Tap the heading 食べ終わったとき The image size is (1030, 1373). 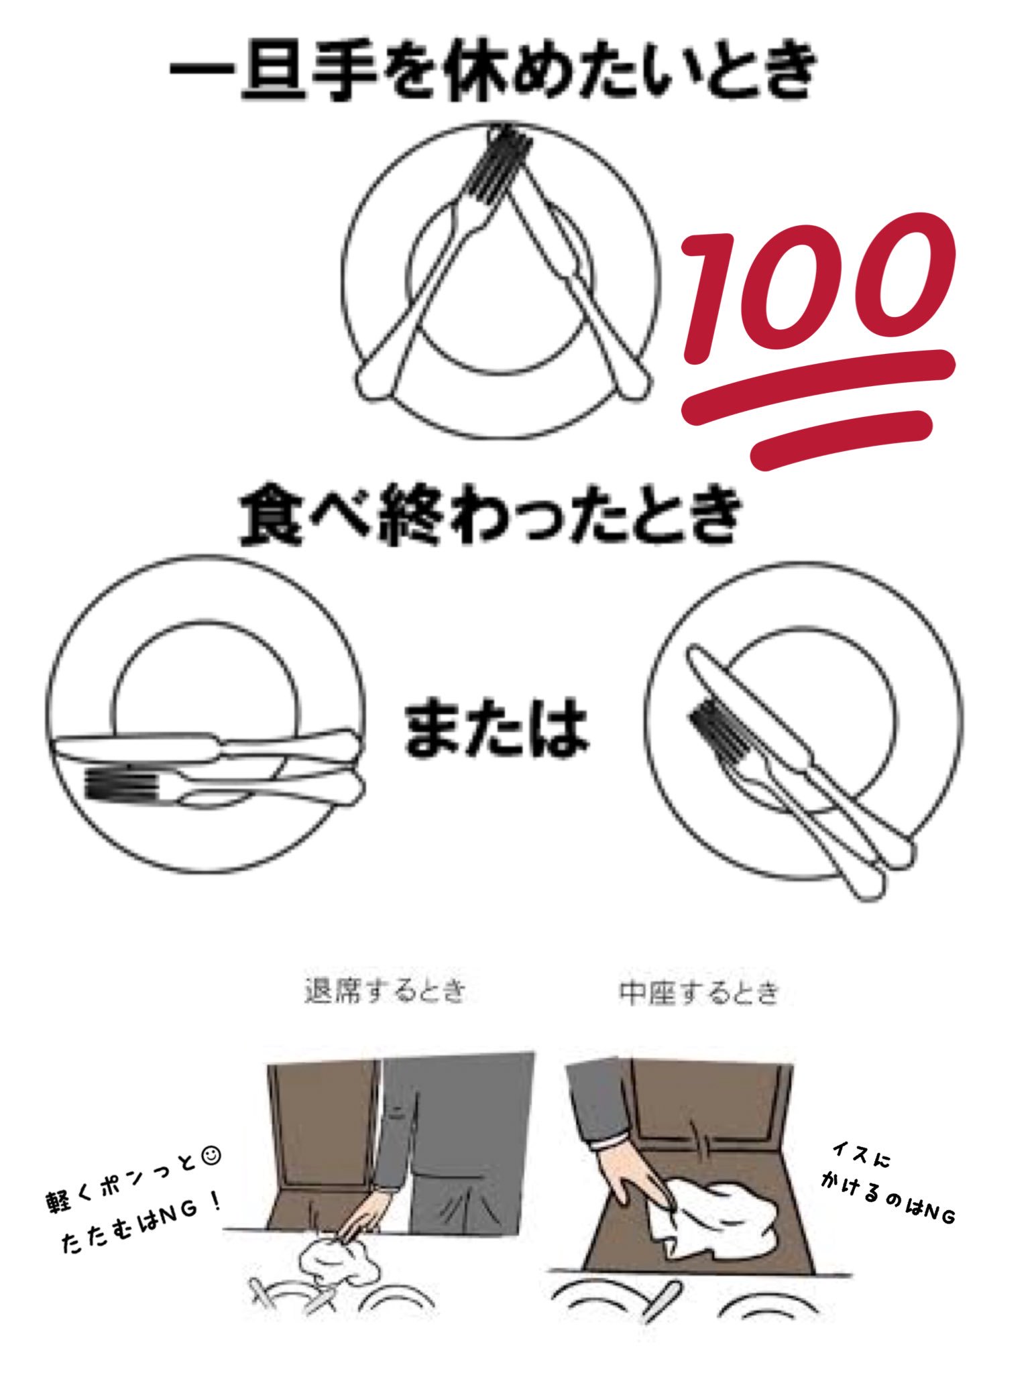tap(491, 516)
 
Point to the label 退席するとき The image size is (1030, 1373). tap(385, 992)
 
